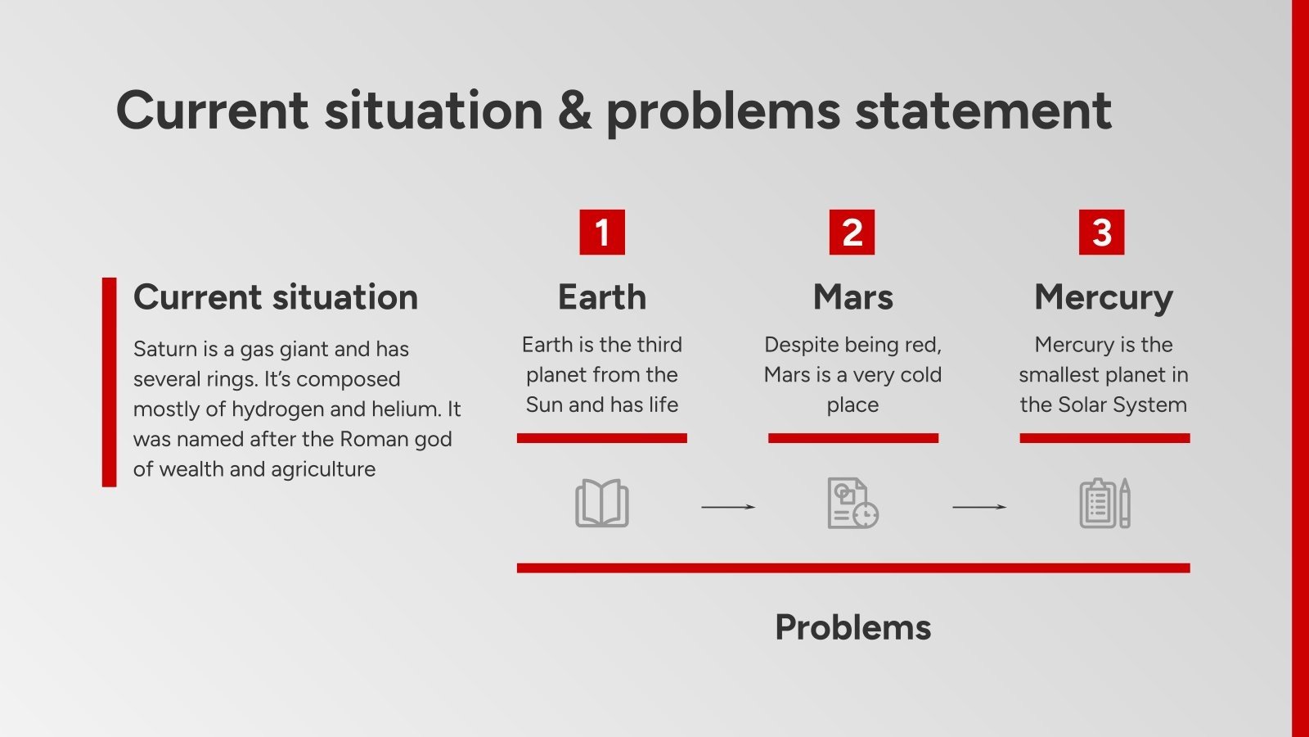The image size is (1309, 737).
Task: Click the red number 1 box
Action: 602,233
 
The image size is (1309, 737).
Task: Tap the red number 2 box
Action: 852,233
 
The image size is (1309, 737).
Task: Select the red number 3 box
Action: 1101,233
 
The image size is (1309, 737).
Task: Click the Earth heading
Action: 602,297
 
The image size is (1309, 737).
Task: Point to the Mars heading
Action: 852,297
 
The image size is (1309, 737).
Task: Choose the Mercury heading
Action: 1103,297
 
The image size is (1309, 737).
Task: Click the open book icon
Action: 602,504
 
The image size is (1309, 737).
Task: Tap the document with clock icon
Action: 852,504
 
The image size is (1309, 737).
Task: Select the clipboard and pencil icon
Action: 1104,504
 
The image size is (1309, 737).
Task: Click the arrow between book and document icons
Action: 727,507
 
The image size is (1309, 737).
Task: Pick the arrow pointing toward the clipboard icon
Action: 978,507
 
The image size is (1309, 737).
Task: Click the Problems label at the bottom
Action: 852,628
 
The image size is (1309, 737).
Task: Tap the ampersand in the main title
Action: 574,111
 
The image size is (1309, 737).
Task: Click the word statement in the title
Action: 983,111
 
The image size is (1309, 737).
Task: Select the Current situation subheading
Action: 276,297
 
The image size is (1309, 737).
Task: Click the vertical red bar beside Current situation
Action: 109,382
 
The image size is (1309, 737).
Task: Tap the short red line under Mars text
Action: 852,438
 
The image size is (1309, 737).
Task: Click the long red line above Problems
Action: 852,567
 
